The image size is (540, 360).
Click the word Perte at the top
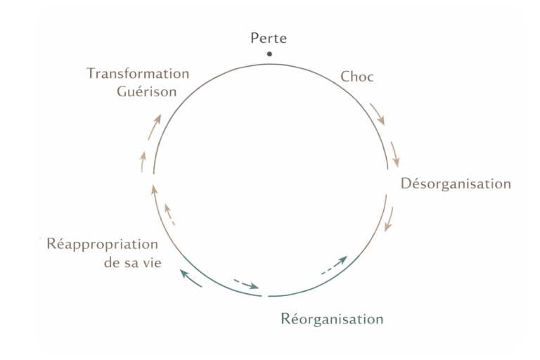pyautogui.click(x=269, y=39)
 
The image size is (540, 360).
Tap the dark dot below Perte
pyautogui.click(x=269, y=54)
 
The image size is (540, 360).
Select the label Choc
pyautogui.click(x=357, y=77)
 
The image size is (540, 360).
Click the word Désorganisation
pyautogui.click(x=456, y=184)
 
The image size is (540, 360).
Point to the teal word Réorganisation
pyautogui.click(x=332, y=319)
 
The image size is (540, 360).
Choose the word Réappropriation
pyautogui.click(x=103, y=245)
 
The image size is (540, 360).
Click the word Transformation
pyautogui.click(x=138, y=74)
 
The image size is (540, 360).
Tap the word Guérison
pyautogui.click(x=147, y=92)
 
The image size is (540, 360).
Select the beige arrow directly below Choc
pyautogui.click(x=378, y=113)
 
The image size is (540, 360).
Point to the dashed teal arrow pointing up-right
pyautogui.click(x=334, y=265)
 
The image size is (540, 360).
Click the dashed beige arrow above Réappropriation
pyautogui.click(x=169, y=212)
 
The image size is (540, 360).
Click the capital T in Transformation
pyautogui.click(x=91, y=74)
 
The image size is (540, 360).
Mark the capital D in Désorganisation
pyautogui.click(x=406, y=184)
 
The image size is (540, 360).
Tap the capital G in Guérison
pyautogui.click(x=121, y=92)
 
